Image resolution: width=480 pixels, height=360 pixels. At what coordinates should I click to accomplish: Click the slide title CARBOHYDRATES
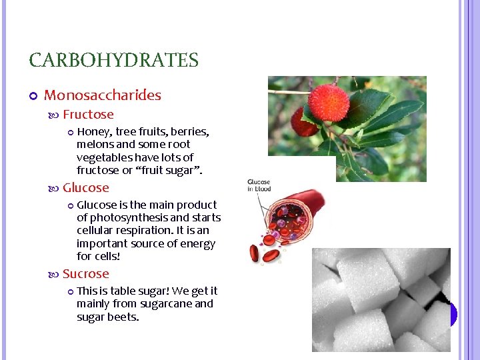[113, 61]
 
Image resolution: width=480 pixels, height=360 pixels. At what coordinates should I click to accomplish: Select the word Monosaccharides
[102, 95]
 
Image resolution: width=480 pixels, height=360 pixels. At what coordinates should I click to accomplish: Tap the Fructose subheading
[88, 115]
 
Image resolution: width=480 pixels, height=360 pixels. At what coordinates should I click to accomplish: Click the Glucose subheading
[85, 188]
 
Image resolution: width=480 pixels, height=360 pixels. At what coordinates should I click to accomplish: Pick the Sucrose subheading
[85, 274]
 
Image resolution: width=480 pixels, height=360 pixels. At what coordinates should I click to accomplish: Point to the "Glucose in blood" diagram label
[259, 185]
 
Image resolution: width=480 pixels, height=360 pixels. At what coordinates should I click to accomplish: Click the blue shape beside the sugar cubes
[453, 313]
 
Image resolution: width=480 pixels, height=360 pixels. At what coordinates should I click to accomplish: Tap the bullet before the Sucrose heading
[55, 275]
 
